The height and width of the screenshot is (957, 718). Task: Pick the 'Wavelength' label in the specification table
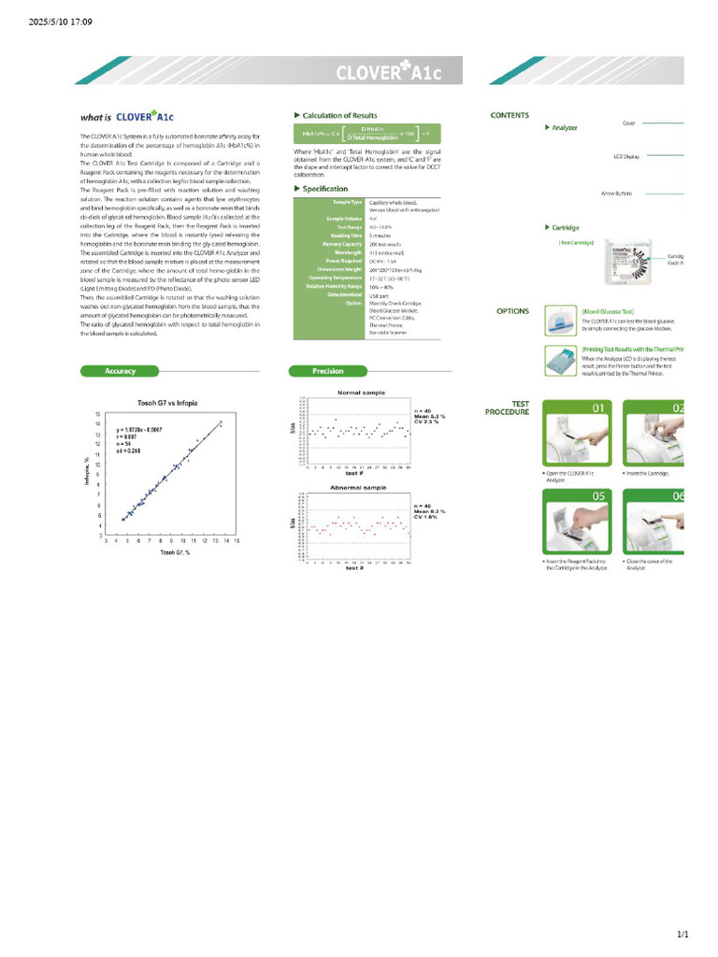(x=348, y=251)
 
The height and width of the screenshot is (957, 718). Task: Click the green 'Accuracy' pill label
(x=121, y=371)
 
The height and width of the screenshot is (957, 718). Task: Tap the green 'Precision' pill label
(x=328, y=371)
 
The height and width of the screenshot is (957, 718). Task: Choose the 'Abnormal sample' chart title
(x=356, y=489)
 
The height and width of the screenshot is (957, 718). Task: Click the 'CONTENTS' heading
(x=510, y=116)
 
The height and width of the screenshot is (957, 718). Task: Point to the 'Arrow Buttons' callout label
(x=617, y=193)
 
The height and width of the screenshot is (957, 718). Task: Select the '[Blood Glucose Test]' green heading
(x=608, y=311)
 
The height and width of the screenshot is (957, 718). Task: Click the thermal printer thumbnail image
(x=558, y=361)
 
